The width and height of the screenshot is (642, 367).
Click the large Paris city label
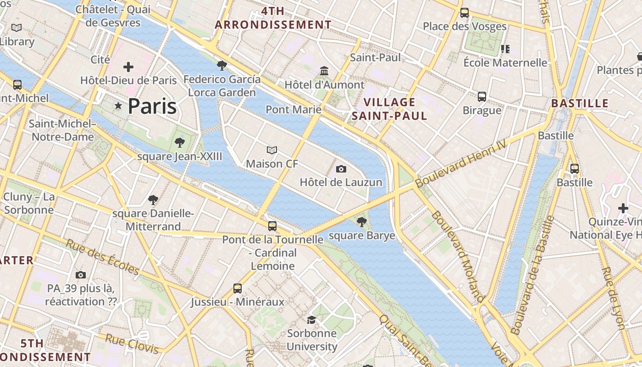[152, 106]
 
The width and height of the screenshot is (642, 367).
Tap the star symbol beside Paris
[118, 106]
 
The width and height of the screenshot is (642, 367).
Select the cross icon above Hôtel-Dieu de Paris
[128, 67]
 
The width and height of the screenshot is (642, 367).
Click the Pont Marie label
[293, 110]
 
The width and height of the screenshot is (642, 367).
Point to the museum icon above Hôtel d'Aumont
[325, 71]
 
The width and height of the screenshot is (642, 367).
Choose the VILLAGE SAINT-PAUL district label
[389, 109]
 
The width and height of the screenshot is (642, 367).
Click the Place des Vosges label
[465, 27]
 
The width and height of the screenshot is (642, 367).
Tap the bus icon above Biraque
[482, 97]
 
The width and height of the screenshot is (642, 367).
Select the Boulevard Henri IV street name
[461, 164]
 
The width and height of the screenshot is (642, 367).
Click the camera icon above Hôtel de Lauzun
[341, 169]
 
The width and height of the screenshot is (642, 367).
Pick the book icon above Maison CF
[272, 150]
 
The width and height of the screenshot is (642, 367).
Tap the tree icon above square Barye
[362, 222]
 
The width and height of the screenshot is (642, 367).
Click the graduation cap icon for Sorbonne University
[312, 320]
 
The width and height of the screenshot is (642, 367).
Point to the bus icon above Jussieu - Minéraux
[238, 289]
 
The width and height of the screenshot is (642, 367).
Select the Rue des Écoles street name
[102, 257]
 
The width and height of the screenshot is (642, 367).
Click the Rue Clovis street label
[132, 344]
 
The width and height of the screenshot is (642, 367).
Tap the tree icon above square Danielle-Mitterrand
[153, 200]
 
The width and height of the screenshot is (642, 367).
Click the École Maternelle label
[505, 63]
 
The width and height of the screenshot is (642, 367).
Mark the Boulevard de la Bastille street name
[532, 275]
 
